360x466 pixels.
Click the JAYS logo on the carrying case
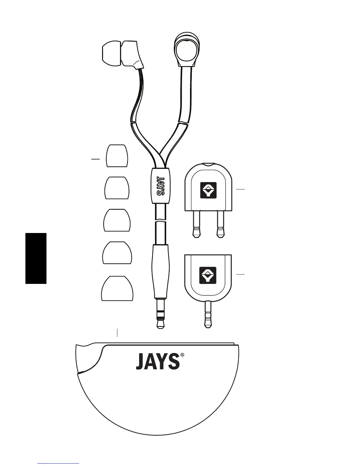[x=157, y=362]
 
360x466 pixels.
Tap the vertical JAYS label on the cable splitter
[x=160, y=186]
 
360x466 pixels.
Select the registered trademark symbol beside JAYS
[x=183, y=355]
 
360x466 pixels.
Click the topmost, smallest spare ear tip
[x=117, y=156]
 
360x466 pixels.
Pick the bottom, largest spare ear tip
[x=117, y=289]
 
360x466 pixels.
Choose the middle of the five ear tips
[x=117, y=220]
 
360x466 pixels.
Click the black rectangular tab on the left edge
[x=36, y=258]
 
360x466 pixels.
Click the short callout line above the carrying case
[x=117, y=332]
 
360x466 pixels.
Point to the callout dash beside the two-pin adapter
[x=240, y=189]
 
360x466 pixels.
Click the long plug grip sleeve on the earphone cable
[x=161, y=271]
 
